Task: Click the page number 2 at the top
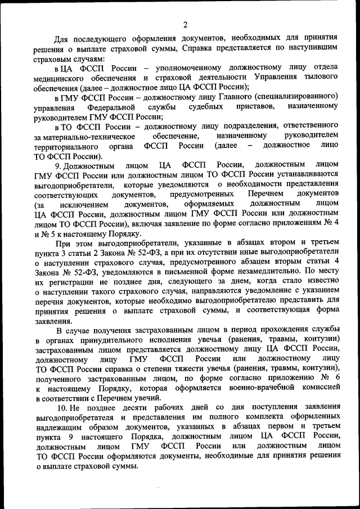click(x=185, y=24)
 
